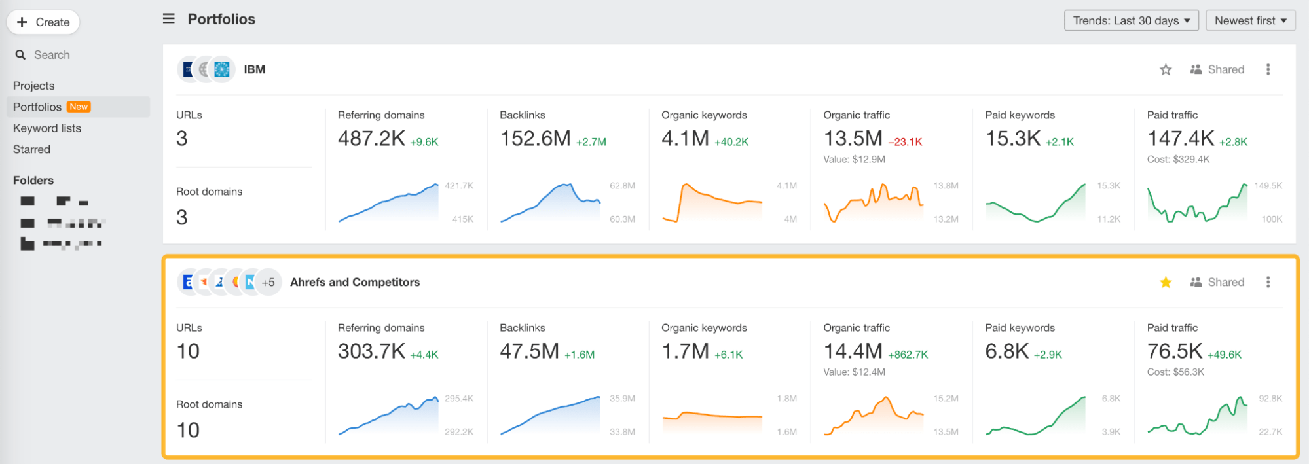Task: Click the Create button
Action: point(43,22)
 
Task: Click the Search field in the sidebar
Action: point(52,55)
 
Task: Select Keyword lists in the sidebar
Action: point(47,128)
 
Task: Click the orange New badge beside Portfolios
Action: point(79,107)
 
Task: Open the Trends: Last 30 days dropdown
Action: point(1131,20)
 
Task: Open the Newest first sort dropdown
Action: point(1250,20)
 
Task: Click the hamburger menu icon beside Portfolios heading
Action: point(169,19)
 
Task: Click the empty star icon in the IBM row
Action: point(1166,69)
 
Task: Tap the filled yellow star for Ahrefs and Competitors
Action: point(1166,282)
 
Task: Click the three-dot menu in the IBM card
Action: point(1268,69)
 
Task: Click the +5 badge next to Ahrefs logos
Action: point(268,283)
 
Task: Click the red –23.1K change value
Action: point(905,141)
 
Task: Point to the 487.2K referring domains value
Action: point(371,139)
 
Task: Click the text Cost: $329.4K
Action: point(1178,159)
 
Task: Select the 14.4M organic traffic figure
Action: point(853,351)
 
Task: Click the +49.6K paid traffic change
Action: point(1225,355)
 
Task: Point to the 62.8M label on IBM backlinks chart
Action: point(622,186)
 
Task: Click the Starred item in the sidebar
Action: point(31,149)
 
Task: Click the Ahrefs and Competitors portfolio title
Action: point(355,282)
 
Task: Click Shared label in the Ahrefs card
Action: point(1225,282)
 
